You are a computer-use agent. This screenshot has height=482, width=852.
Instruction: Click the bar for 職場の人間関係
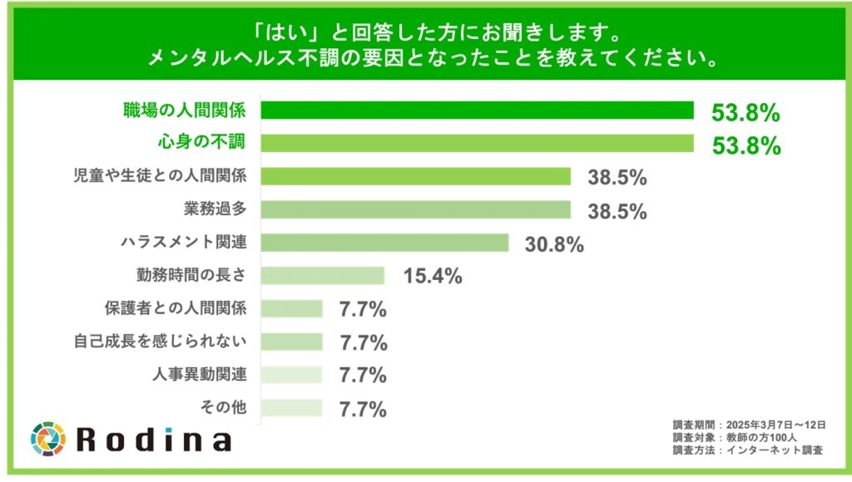(478, 110)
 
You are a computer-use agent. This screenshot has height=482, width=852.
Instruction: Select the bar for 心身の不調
(478, 143)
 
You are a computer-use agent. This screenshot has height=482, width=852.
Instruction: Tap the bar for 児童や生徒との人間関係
(416, 176)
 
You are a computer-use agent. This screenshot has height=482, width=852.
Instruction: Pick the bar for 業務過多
(416, 209)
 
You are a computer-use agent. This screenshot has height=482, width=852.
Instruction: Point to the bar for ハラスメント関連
(385, 243)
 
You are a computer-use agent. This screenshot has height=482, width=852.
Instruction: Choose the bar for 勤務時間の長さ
(323, 276)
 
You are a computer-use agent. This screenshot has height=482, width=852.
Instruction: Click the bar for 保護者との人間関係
(292, 308)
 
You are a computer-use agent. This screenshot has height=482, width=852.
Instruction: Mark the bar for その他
(292, 407)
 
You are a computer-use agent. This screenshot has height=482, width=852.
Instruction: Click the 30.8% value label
(554, 244)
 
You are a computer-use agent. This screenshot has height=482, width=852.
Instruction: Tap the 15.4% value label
(432, 277)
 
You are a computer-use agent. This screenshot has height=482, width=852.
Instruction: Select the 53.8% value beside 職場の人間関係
(745, 111)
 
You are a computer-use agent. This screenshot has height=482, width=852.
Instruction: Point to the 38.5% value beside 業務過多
(617, 211)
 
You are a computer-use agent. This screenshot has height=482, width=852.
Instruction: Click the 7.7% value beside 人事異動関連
(363, 376)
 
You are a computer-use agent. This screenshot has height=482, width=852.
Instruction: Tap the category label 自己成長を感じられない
(185, 342)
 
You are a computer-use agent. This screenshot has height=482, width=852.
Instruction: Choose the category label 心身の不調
(201, 142)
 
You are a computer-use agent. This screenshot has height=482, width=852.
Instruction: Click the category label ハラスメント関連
(185, 243)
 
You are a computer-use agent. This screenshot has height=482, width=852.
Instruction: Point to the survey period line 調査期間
(748, 425)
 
